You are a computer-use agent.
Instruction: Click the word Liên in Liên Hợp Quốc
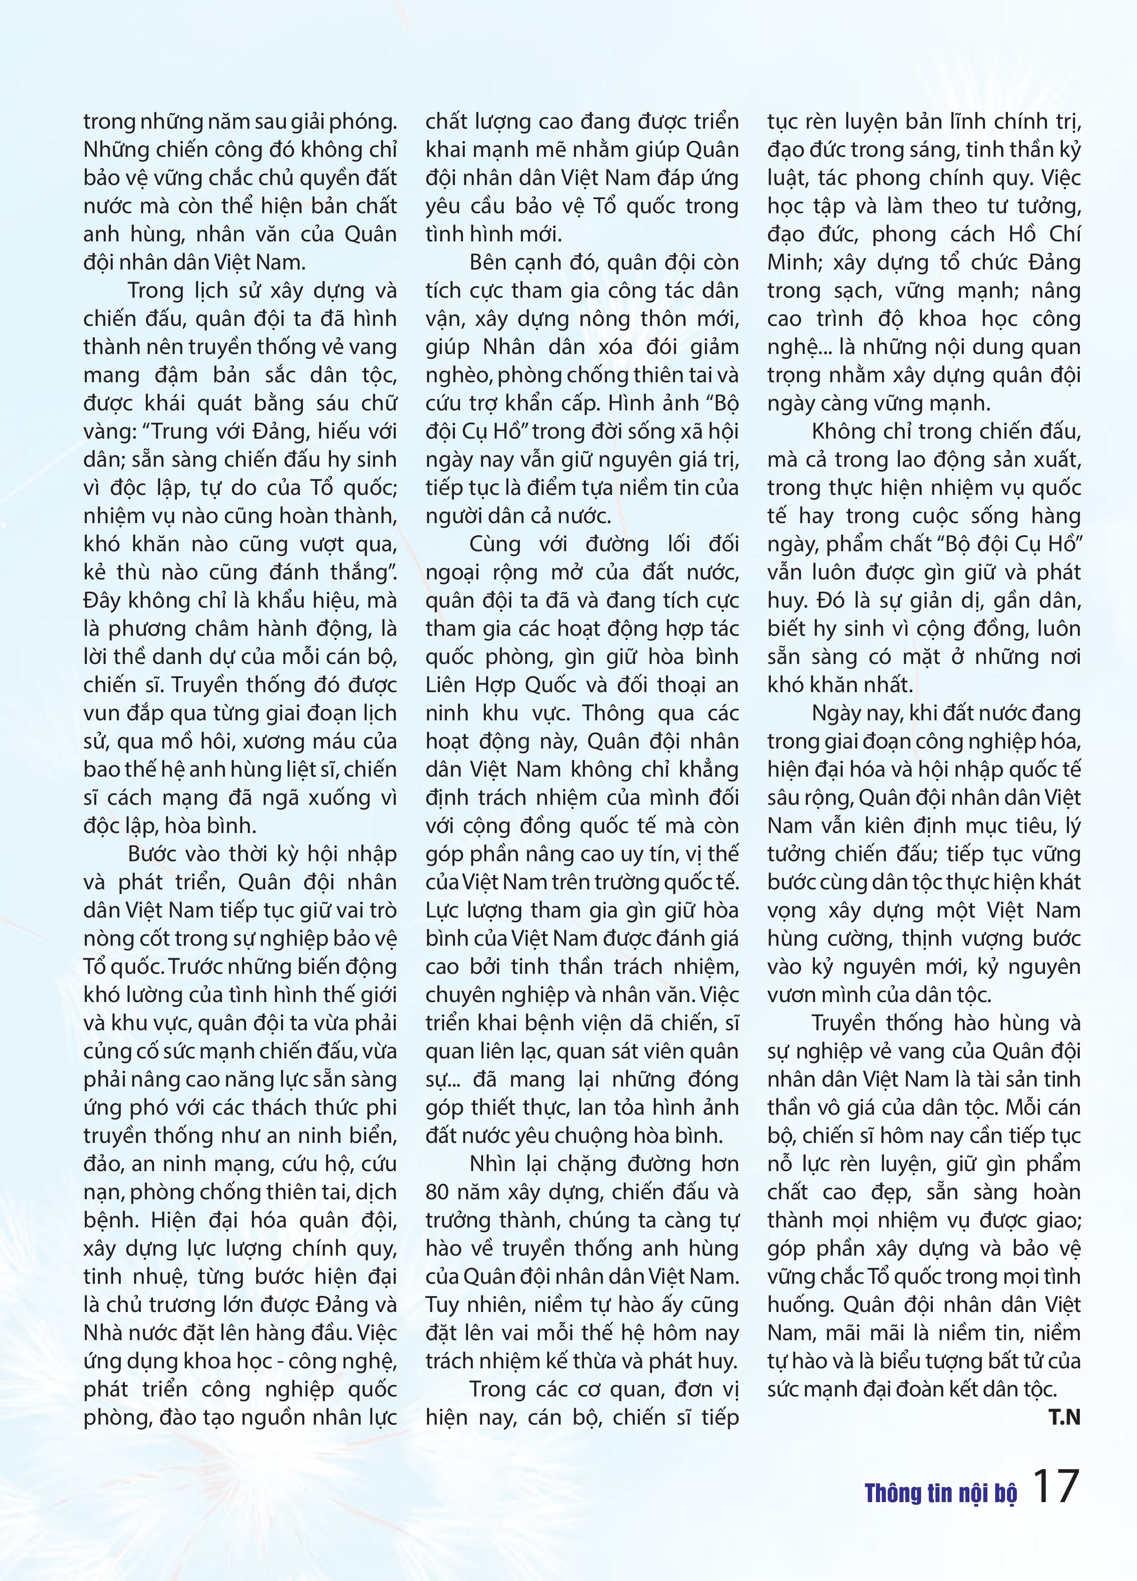click(447, 685)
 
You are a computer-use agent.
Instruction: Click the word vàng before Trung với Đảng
click(106, 432)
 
